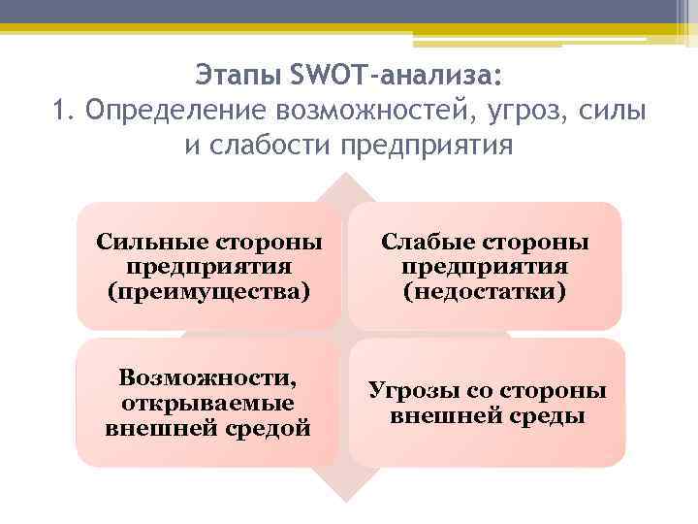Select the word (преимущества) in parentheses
(209, 290)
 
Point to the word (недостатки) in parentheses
(485, 290)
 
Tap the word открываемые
(208, 401)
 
